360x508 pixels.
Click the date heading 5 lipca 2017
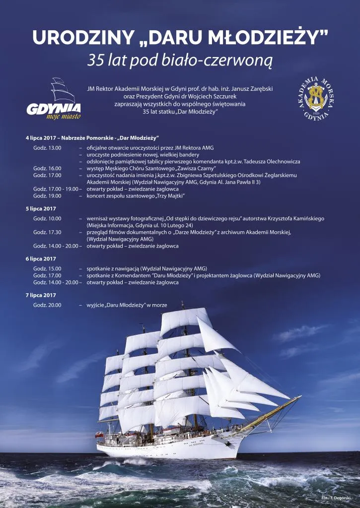[41, 209]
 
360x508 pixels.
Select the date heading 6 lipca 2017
[41, 259]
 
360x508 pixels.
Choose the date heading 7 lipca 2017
[41, 295]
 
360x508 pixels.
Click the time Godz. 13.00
[47, 148]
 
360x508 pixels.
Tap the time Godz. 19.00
[47, 195]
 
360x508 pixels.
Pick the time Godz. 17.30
[47, 232]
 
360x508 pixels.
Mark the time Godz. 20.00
[47, 305]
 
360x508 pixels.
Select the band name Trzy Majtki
[170, 196]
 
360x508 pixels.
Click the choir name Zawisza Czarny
[172, 169]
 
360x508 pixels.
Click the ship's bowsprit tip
[299, 396]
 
